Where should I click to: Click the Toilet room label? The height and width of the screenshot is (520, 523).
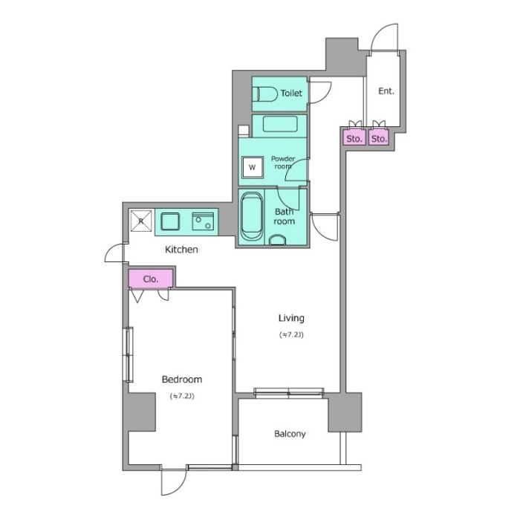click(291, 93)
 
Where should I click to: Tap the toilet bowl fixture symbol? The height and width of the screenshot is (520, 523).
click(264, 94)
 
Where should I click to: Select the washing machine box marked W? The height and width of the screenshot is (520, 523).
click(252, 167)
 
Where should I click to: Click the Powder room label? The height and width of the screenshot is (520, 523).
click(283, 163)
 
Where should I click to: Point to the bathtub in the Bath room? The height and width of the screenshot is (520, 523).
click(252, 216)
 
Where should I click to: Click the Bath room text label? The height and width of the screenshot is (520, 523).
click(285, 216)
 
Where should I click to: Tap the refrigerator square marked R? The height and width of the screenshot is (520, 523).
click(140, 221)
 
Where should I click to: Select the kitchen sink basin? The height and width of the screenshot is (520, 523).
click(170, 221)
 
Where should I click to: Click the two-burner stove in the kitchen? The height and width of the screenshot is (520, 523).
click(203, 221)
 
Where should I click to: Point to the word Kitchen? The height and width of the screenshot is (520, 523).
click(181, 250)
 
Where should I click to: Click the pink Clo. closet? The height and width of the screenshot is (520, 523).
click(151, 279)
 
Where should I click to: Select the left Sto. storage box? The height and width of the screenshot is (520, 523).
click(354, 138)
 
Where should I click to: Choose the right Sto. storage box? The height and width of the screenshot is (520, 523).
click(379, 138)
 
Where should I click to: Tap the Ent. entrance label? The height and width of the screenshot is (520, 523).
click(386, 91)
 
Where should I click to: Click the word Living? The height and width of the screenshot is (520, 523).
click(291, 318)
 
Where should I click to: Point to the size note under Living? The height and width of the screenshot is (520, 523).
click(291, 334)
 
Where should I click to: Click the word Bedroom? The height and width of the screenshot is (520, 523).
click(182, 380)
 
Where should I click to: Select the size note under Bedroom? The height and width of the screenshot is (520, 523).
click(182, 396)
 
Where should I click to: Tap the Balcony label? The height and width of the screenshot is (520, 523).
click(290, 434)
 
